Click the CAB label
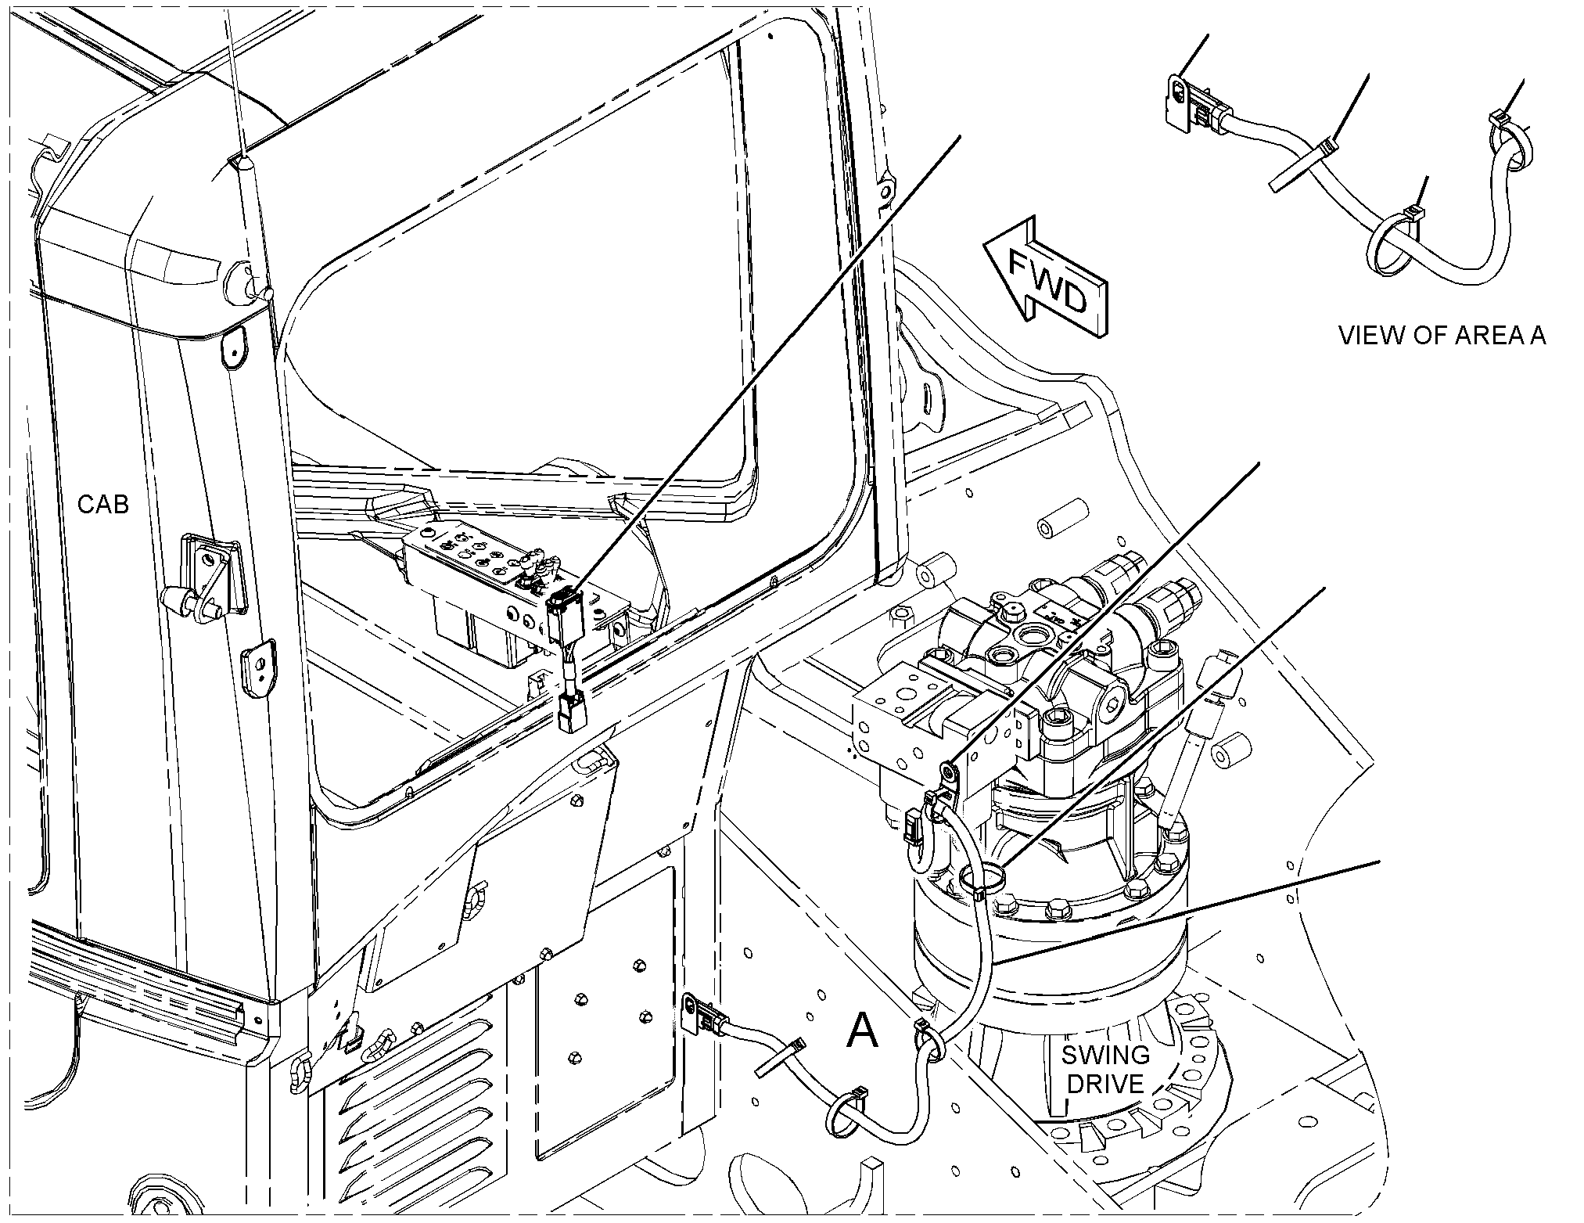click(x=103, y=505)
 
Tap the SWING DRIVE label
click(x=1104, y=1070)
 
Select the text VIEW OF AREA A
click(x=1442, y=336)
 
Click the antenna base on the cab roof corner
click(x=242, y=168)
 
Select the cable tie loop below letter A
click(x=847, y=1114)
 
